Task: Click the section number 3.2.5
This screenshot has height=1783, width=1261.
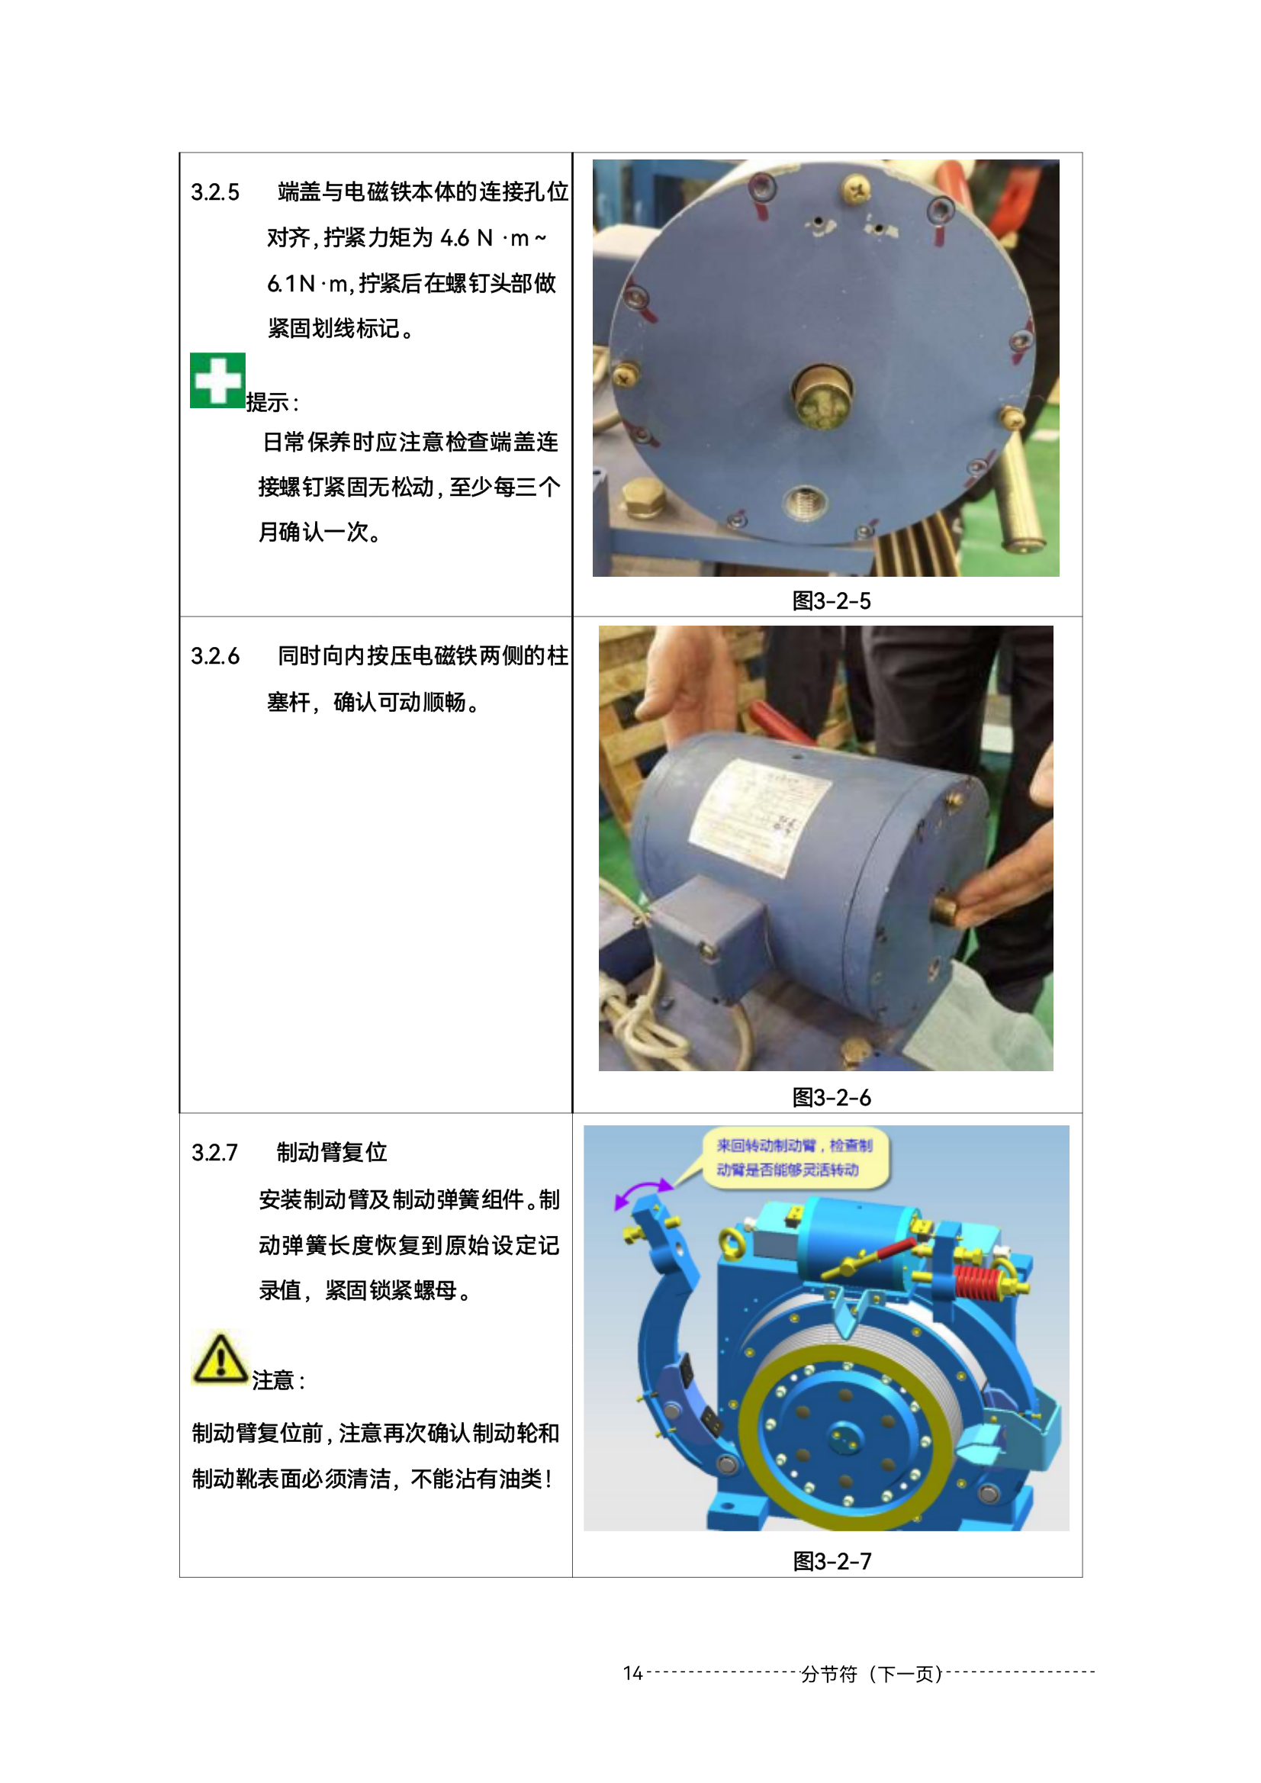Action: [215, 191]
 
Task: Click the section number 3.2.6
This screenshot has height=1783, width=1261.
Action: [215, 656]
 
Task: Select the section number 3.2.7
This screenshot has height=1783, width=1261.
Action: [214, 1152]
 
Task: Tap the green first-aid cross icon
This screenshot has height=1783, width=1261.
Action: [217, 381]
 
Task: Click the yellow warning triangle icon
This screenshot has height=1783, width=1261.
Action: [220, 1359]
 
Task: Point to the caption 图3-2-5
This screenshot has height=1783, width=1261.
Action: [831, 601]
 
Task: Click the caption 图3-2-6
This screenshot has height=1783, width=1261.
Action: [831, 1097]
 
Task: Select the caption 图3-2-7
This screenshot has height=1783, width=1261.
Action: [832, 1561]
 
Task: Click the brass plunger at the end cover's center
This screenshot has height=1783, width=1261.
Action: [822, 393]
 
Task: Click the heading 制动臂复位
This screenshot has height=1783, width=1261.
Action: [332, 1152]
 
